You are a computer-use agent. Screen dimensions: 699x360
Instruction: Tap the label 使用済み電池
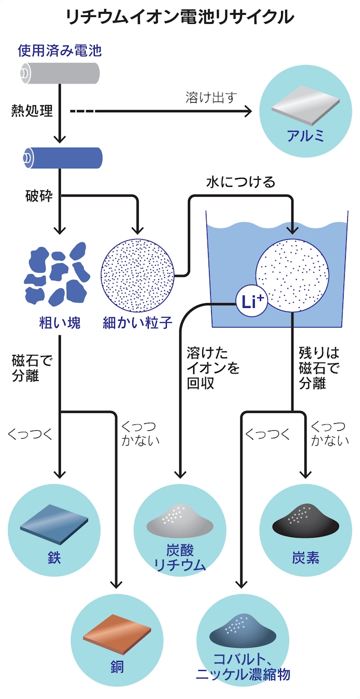click(x=59, y=51)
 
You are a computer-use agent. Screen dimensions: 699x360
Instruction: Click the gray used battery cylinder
click(x=60, y=74)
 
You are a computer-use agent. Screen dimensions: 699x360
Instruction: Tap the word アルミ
click(x=305, y=136)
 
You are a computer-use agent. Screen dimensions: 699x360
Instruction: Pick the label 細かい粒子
click(x=138, y=322)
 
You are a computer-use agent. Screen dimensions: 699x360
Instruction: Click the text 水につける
click(x=241, y=182)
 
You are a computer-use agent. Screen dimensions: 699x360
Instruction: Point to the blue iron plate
click(x=54, y=523)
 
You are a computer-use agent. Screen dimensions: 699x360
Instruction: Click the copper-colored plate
click(x=116, y=634)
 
